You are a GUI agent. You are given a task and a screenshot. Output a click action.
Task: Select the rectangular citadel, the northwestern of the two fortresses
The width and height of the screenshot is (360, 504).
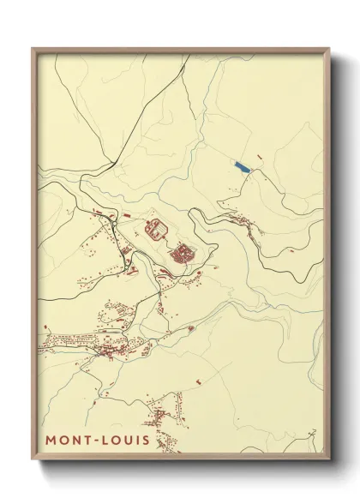point(156,230)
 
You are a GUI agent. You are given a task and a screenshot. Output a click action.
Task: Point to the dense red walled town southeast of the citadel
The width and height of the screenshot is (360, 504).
point(183,254)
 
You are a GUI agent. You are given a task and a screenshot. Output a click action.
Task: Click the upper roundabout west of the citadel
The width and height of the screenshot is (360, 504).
point(110,225)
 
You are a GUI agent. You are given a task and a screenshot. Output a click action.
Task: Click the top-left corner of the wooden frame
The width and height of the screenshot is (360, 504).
point(33,48)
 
